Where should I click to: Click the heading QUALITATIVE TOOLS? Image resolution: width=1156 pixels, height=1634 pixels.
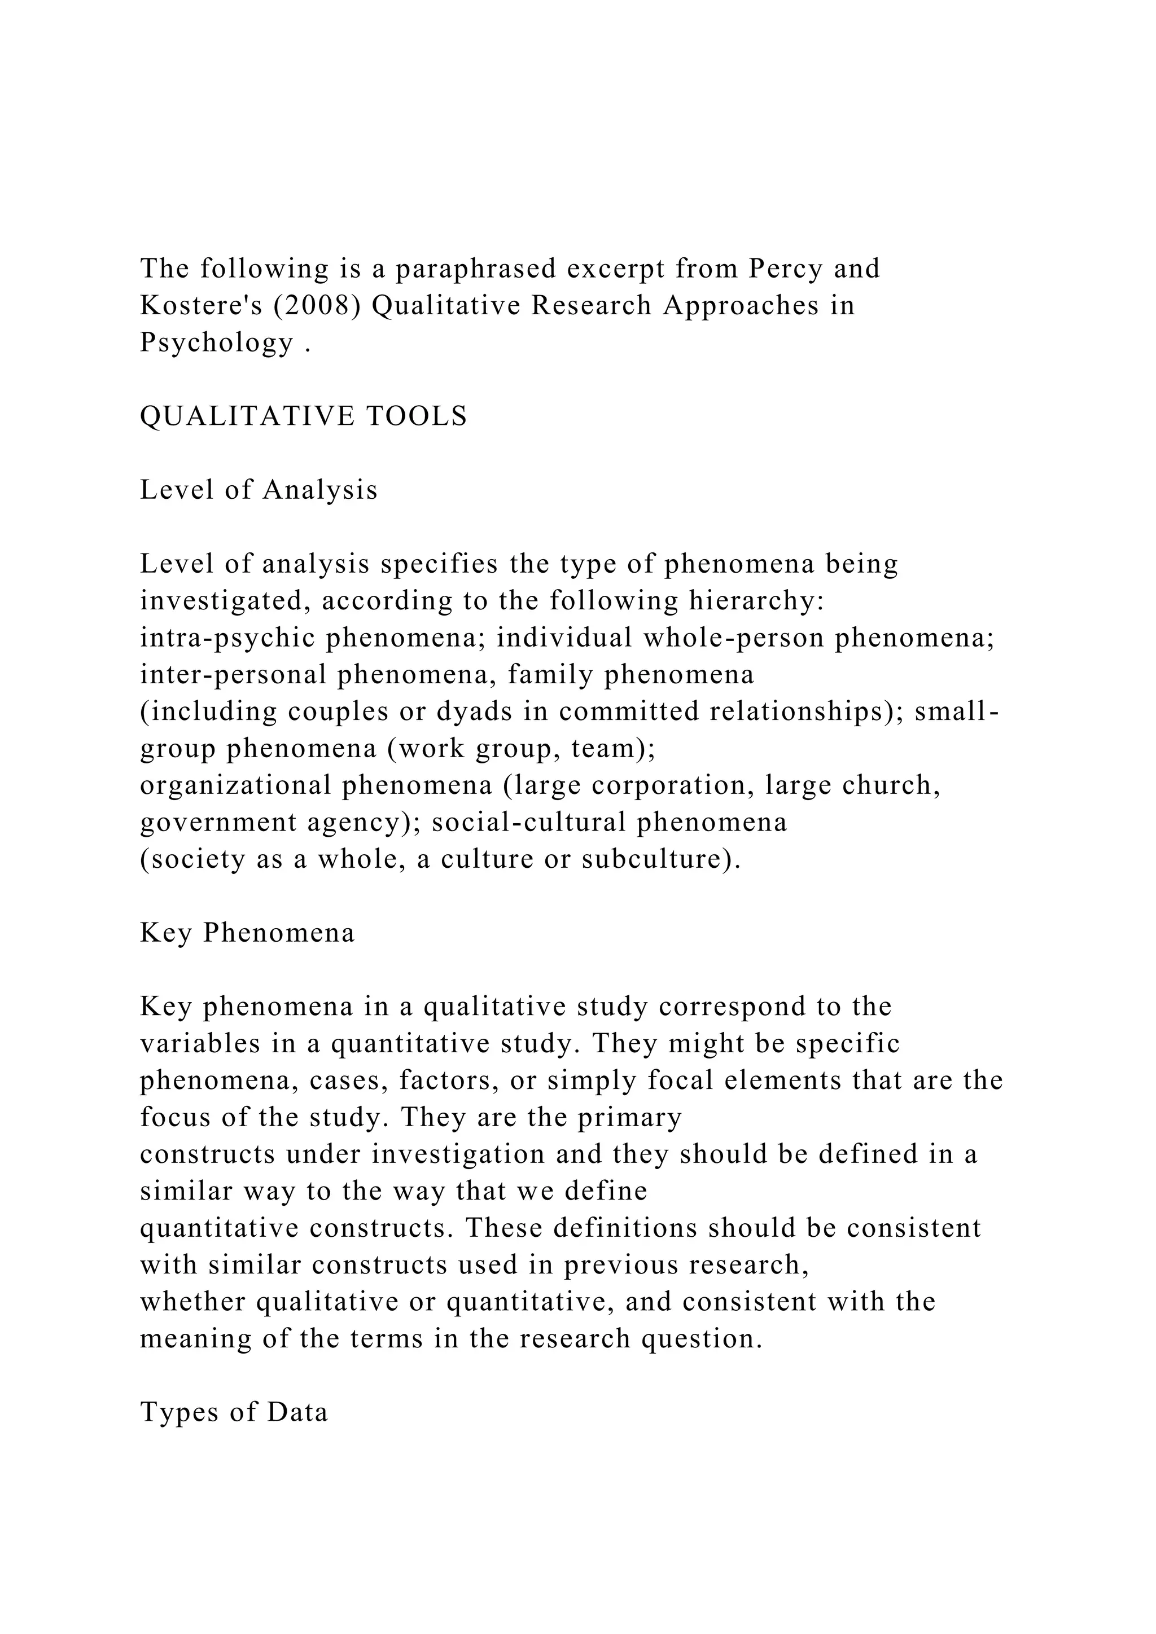click(303, 416)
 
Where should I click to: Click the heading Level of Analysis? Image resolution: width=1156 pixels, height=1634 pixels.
click(259, 490)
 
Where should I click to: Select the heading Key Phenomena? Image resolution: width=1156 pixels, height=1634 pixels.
click(247, 932)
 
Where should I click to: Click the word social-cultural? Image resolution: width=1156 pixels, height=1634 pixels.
click(529, 822)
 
